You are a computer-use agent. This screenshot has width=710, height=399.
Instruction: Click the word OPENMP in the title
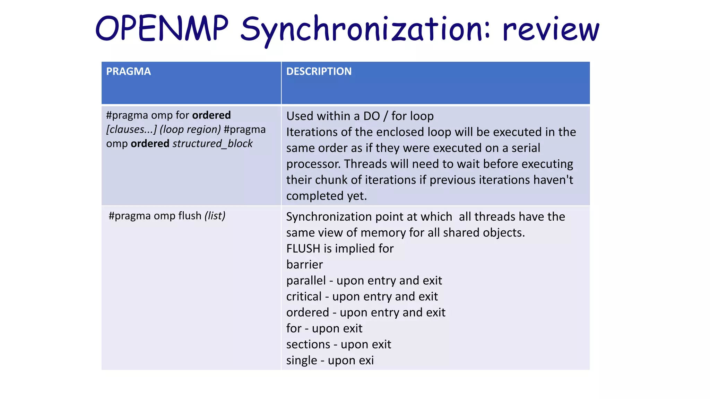pos(162,28)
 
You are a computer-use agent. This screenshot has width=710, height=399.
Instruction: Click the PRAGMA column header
pos(128,71)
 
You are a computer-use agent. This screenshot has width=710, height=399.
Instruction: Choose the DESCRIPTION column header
pos(319,71)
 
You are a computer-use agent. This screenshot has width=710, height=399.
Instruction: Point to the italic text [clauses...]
pos(131,129)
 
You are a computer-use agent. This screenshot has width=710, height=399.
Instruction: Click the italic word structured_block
pos(213,143)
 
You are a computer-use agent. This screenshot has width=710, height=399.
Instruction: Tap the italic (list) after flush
pos(215,216)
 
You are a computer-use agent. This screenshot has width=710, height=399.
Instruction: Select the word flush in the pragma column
pos(190,216)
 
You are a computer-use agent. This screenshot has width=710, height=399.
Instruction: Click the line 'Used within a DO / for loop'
pos(360,116)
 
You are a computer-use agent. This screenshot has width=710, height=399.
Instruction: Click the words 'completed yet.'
pos(326,196)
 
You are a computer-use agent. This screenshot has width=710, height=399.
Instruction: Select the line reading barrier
pos(304,265)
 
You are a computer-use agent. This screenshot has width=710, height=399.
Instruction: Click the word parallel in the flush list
pos(306,281)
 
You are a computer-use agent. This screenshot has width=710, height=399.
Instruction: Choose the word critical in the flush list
pos(304,296)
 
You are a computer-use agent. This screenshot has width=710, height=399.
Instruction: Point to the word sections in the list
pos(308,344)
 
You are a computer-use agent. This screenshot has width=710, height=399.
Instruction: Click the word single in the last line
pos(302,360)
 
